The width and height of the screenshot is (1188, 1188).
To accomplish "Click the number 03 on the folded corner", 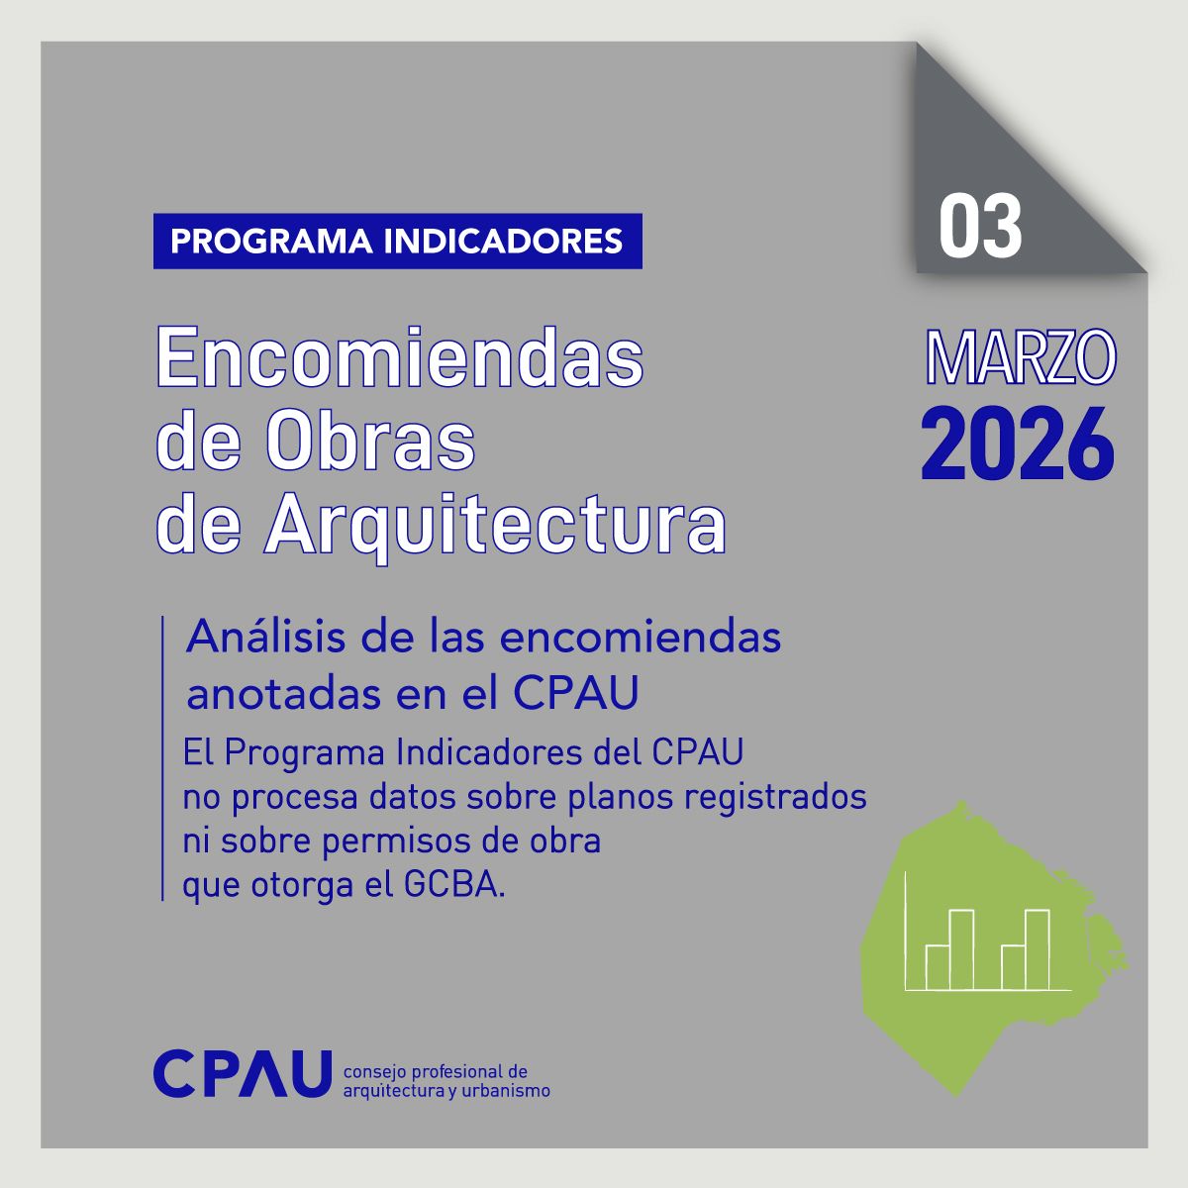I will click(x=980, y=227).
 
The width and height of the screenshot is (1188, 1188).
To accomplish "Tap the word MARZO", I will click(x=1019, y=358).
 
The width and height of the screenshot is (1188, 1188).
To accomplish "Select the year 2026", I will click(x=1018, y=444).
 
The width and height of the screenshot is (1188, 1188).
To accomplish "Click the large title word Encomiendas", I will click(x=400, y=357).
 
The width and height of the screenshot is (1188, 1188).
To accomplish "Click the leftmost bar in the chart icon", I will click(x=937, y=967).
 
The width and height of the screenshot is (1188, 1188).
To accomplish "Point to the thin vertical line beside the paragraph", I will click(x=161, y=757).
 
